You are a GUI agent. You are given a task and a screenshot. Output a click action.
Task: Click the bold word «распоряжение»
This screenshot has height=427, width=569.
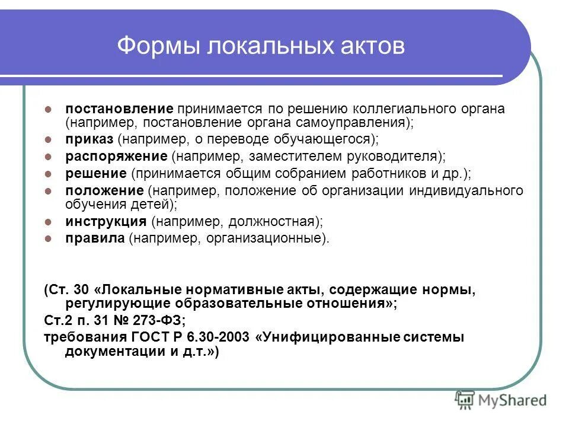[116, 157]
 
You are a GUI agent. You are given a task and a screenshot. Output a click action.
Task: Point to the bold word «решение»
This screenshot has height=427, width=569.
[95, 174]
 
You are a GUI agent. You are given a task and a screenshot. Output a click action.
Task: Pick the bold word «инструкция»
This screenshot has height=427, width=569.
[106, 222]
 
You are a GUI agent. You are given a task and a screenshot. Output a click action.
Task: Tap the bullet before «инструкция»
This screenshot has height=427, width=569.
[50, 222]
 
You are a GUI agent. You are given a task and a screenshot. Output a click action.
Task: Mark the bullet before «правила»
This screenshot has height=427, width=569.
[50, 239]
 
